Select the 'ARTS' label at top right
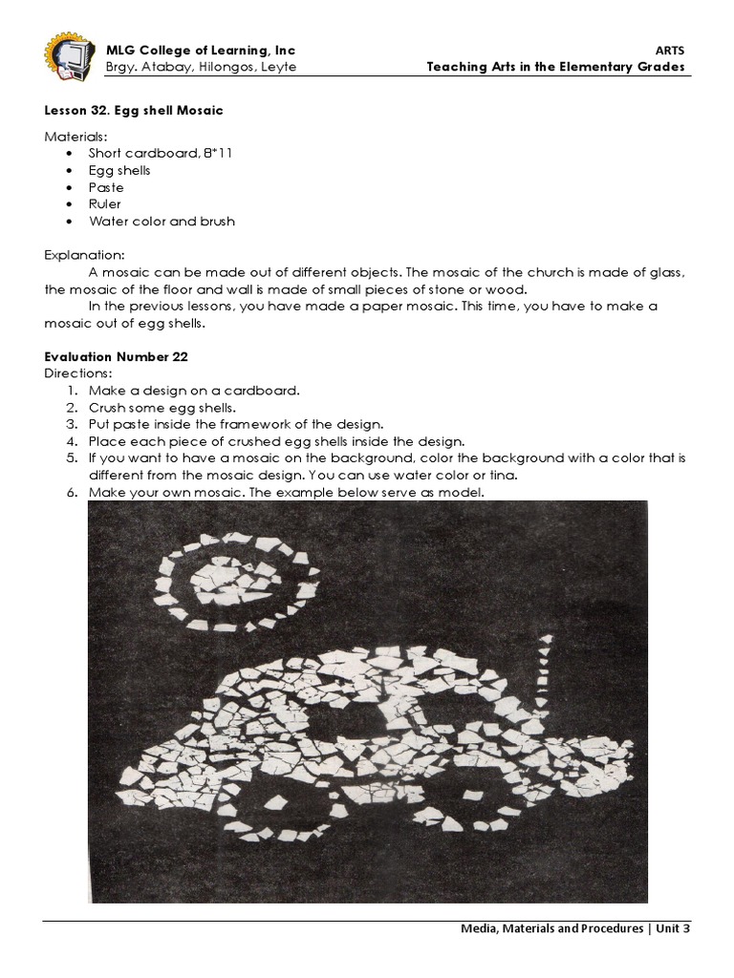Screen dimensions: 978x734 pos(671,51)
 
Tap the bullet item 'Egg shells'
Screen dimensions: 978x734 pos(119,171)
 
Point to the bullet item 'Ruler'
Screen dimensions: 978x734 pos(105,204)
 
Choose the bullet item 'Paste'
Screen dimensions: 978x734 pos(106,188)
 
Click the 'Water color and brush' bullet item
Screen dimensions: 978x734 pos(162,222)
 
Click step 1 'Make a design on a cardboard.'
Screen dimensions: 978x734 pos(194,390)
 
